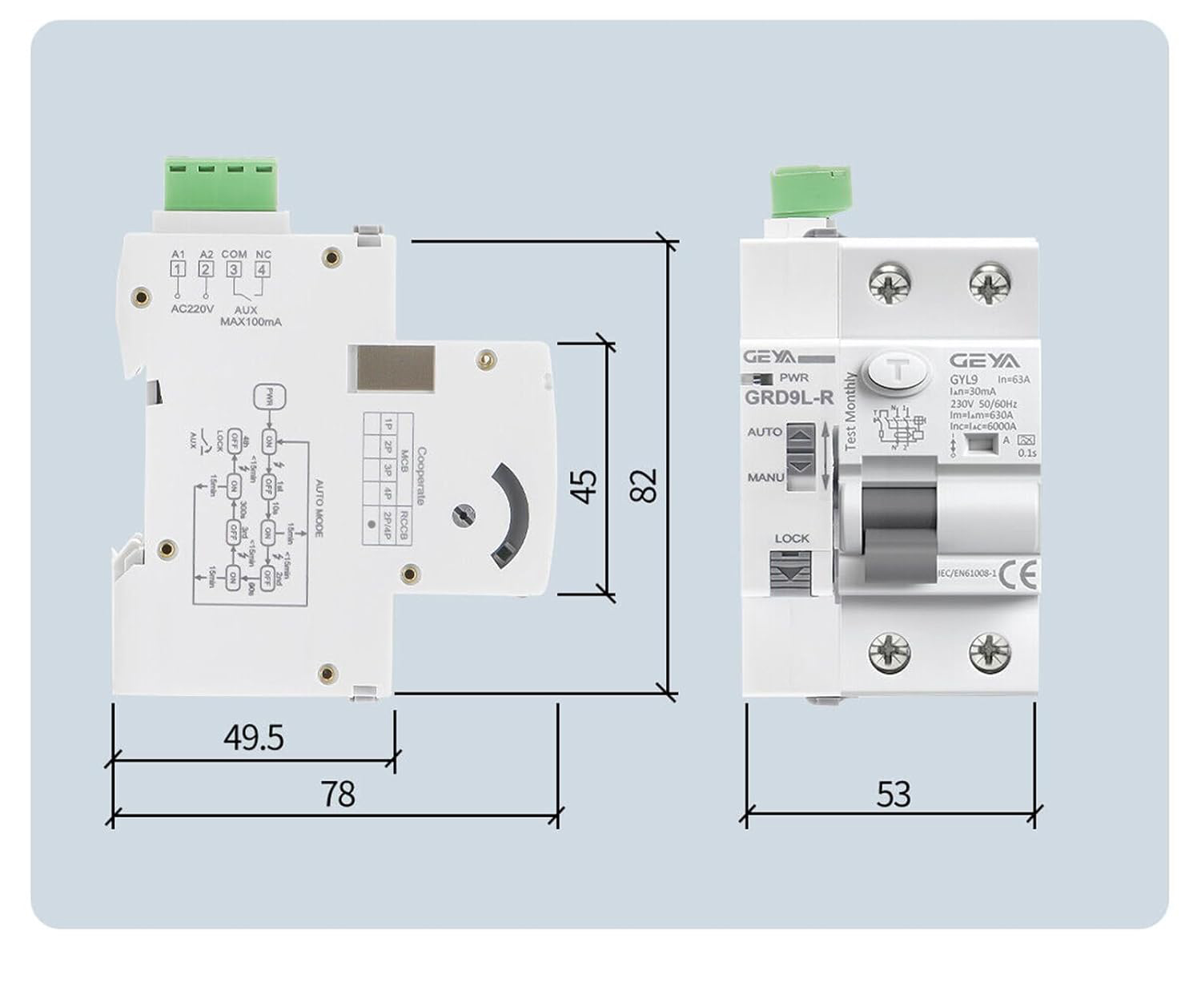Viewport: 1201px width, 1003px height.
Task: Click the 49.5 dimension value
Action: point(254,737)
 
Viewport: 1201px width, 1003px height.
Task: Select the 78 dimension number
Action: point(337,794)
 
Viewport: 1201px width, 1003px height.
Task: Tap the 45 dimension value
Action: point(585,486)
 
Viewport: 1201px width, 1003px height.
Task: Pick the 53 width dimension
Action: point(893,794)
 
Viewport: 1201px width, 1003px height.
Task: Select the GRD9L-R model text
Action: point(789,397)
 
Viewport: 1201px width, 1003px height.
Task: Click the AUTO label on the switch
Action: point(764,432)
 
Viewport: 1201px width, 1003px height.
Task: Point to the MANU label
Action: point(765,477)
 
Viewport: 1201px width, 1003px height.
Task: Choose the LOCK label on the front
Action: point(791,538)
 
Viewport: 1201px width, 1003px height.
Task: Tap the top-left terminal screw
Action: point(890,284)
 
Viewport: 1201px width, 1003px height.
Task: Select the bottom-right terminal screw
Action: point(990,652)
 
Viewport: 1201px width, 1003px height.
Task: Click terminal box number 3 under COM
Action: point(234,269)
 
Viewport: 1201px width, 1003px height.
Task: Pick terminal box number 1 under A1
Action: point(178,269)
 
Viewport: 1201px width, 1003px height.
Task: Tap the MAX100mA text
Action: point(251,322)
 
